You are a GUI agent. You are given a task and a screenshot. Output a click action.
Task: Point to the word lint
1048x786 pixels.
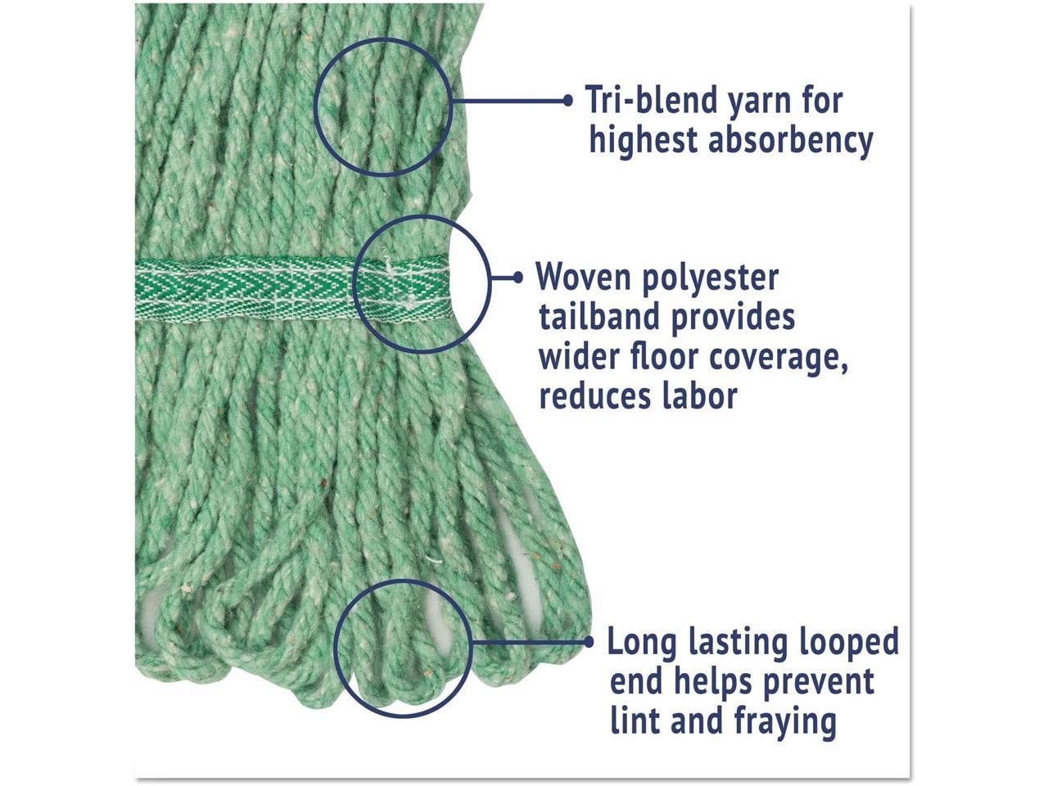pos(635,721)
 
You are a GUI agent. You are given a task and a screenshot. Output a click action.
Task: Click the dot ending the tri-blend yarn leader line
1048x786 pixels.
pos(568,100)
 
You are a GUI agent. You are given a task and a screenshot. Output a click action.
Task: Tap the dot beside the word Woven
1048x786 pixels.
pos(517,278)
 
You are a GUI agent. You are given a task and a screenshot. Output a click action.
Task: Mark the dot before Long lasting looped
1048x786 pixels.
pos(589,642)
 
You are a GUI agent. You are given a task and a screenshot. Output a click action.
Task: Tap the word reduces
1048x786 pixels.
pos(585,396)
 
